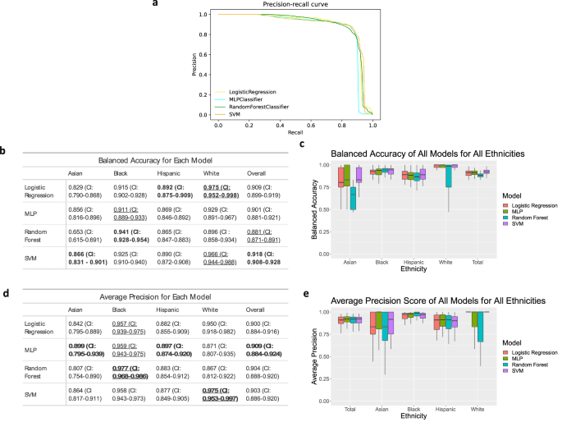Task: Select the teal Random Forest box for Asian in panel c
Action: click(353, 199)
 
